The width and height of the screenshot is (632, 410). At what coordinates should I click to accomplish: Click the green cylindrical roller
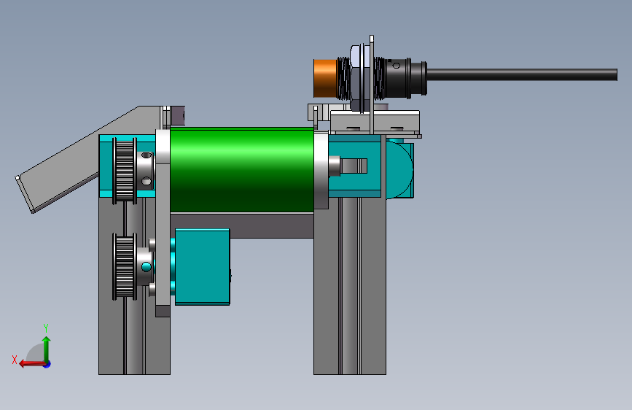pos(241,169)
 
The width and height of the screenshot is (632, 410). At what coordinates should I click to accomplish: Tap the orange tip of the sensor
pos(324,77)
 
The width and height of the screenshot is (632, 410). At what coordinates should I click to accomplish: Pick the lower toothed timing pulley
pos(124,266)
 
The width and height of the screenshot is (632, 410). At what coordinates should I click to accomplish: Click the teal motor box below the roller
pos(201,266)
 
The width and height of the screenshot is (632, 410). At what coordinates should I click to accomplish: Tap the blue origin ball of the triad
pos(47,363)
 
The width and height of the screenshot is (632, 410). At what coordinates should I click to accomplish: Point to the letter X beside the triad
pos(15,359)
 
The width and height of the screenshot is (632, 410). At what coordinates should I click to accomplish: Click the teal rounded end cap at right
pos(400,169)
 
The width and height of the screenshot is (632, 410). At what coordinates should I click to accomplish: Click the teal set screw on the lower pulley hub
pos(147,267)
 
